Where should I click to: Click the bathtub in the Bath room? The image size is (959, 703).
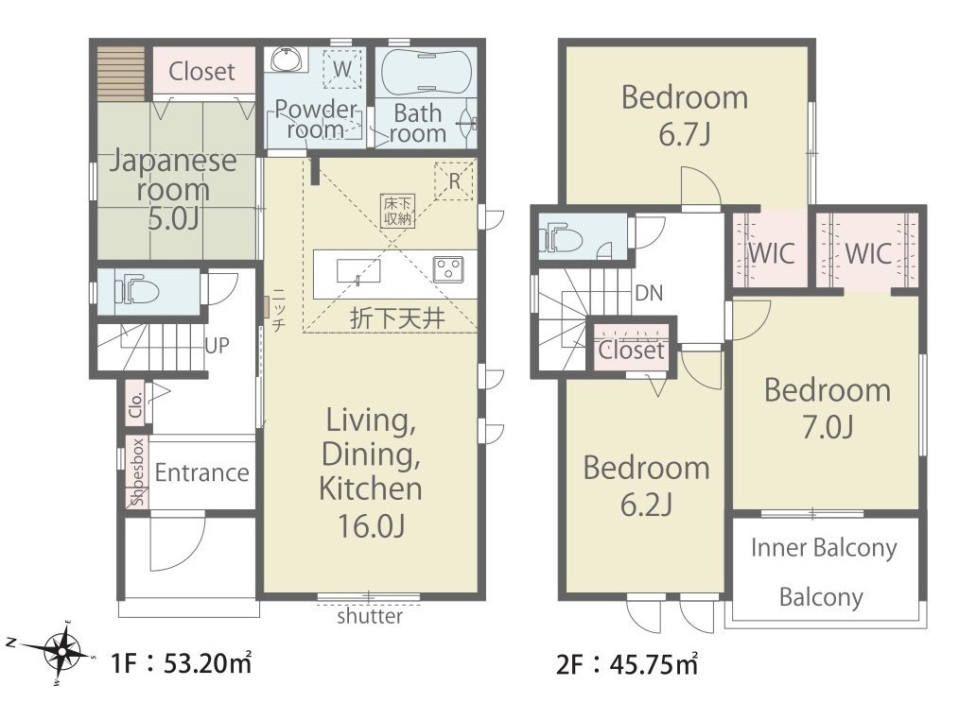click(x=427, y=72)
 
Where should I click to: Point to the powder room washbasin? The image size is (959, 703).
click(x=287, y=60)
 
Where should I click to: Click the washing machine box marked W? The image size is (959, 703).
click(x=341, y=68)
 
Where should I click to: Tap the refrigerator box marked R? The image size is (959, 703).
click(x=454, y=180)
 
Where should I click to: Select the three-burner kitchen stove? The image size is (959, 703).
click(x=448, y=269)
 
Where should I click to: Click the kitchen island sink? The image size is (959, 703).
click(x=358, y=271)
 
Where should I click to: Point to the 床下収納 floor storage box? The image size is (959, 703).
click(x=397, y=211)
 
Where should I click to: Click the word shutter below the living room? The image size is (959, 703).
click(x=370, y=615)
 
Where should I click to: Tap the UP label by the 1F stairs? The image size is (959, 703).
click(x=218, y=346)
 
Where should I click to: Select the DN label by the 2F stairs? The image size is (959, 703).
click(x=649, y=294)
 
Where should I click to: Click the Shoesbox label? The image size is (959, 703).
click(x=138, y=472)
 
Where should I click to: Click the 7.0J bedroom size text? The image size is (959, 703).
click(x=828, y=427)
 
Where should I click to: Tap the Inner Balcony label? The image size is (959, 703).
click(x=824, y=548)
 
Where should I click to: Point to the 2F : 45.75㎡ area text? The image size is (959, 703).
click(x=627, y=664)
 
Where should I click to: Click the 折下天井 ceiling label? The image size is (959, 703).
click(x=397, y=318)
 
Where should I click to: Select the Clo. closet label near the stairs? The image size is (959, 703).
click(x=136, y=404)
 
